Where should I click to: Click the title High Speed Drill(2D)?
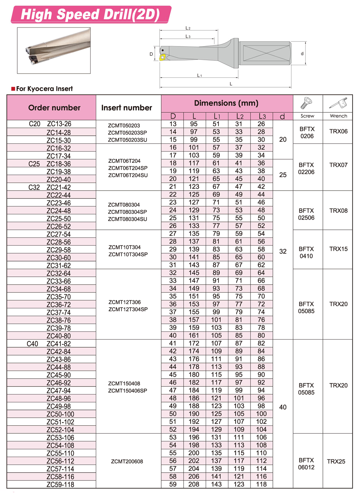(x=90, y=14)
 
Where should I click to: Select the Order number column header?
(x=54, y=108)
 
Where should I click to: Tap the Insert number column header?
(x=127, y=108)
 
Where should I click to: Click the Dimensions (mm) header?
(x=226, y=103)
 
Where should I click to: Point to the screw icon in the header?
(x=307, y=103)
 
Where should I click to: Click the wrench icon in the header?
(x=338, y=103)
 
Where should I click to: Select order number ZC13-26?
(x=59, y=124)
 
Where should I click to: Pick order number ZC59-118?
(x=60, y=485)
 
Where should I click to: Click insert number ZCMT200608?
(x=127, y=461)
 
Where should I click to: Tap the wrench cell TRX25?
(x=336, y=461)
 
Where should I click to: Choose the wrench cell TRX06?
(x=338, y=131)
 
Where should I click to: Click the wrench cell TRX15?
(x=338, y=249)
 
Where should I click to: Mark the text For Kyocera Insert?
(x=44, y=89)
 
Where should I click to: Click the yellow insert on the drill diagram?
(x=163, y=57)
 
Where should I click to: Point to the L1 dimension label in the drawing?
(x=199, y=75)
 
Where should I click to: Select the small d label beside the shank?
(x=302, y=54)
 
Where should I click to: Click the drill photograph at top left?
(x=54, y=50)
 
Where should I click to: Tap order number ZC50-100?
(x=60, y=414)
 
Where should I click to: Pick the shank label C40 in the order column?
(x=32, y=344)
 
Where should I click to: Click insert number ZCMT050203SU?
(x=128, y=140)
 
